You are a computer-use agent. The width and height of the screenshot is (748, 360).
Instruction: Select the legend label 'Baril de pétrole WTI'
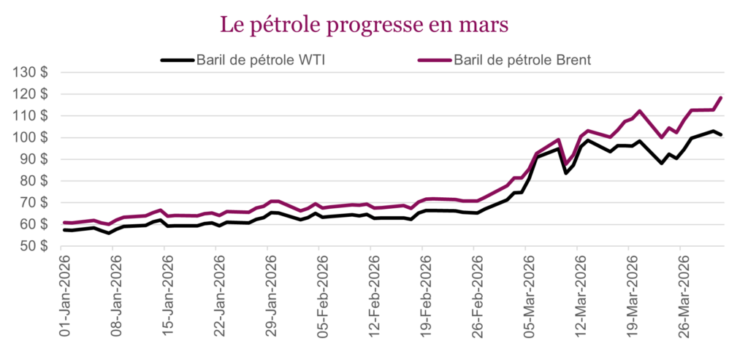261,60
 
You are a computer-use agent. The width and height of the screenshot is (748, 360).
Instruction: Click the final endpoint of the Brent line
721,98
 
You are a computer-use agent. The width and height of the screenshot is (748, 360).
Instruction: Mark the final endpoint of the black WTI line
721,134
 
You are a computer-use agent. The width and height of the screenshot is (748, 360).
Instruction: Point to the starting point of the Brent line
64,223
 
